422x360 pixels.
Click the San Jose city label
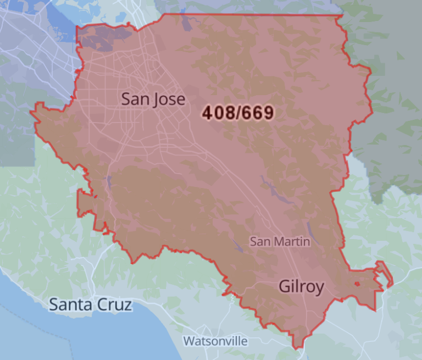pos(153,99)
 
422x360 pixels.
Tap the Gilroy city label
pos(301,286)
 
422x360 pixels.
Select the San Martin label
pos(280,241)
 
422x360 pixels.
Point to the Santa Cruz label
pos(91,304)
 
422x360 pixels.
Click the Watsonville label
pos(215,341)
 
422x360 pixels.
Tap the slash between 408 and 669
pos(238,113)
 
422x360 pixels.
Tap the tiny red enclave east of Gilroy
pos(357,284)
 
